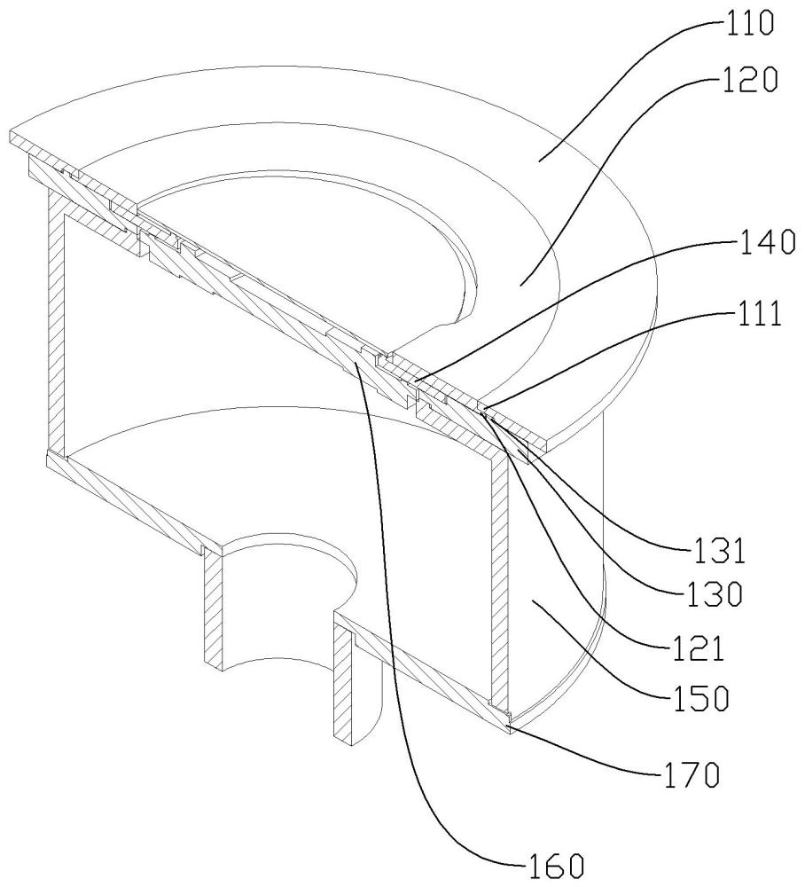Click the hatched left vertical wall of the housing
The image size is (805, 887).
pyautogui.click(x=55, y=328)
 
